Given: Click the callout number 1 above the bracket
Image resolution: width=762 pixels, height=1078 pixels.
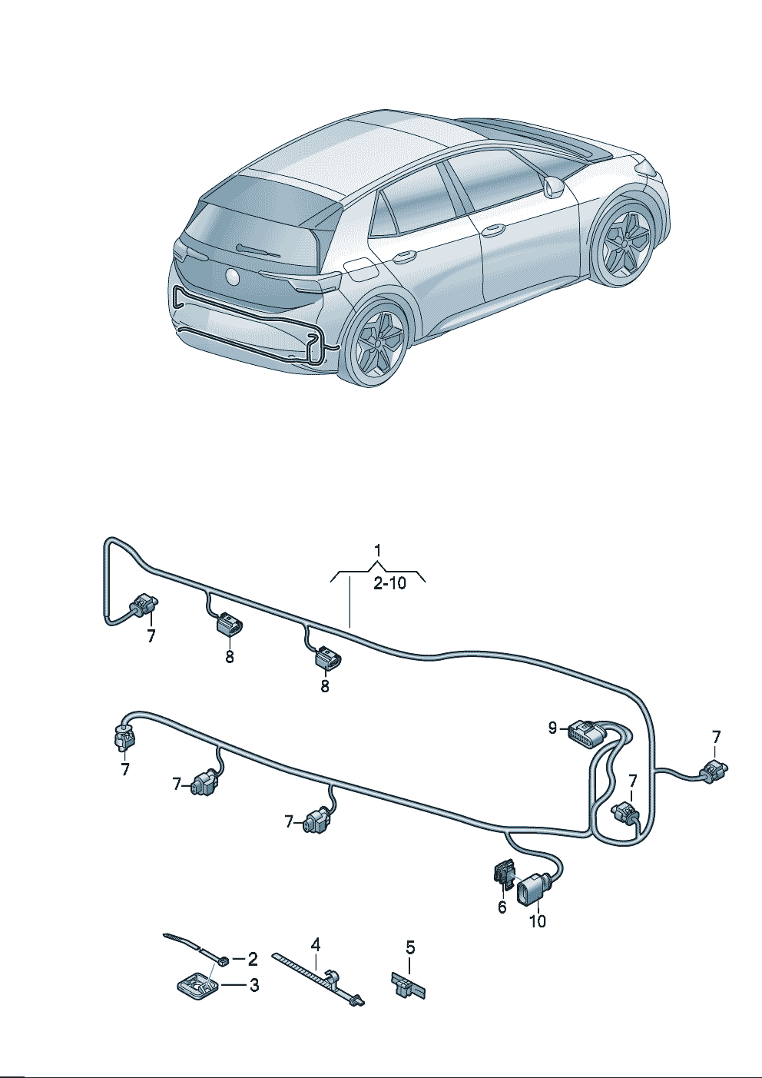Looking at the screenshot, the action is click(x=378, y=550).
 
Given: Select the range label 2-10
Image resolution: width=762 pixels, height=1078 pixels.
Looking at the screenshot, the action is click(x=390, y=584).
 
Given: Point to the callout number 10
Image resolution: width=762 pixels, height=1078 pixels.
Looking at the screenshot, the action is click(x=538, y=921).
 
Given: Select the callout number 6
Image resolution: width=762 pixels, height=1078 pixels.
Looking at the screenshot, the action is click(x=502, y=907).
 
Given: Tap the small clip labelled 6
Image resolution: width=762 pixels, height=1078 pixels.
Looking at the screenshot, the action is click(x=503, y=874).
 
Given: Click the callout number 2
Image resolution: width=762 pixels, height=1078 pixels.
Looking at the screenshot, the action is click(x=253, y=959).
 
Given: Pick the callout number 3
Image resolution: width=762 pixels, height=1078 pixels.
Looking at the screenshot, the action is click(x=254, y=985).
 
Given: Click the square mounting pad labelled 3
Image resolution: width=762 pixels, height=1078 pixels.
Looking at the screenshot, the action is click(x=197, y=985).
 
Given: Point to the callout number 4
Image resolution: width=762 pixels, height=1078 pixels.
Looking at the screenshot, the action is click(x=315, y=945).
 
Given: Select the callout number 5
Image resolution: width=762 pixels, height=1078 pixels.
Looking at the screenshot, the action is click(x=410, y=947).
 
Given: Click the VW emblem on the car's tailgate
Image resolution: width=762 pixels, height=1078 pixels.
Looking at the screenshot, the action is click(x=233, y=276).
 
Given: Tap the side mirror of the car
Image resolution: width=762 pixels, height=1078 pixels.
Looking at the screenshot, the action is click(x=553, y=186).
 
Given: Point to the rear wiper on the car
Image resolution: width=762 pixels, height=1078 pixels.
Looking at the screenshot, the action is click(x=259, y=250).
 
